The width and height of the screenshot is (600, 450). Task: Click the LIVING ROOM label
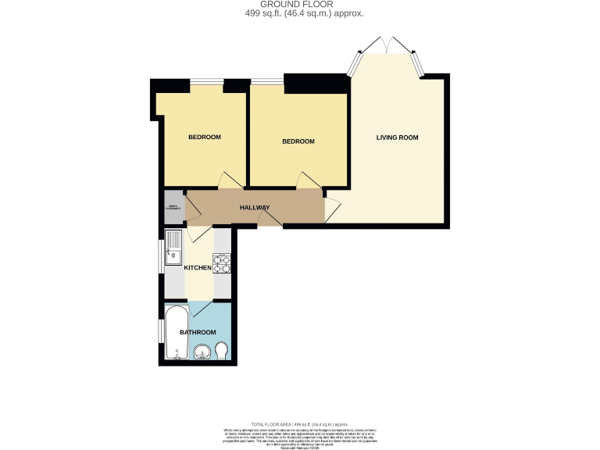click(x=397, y=137)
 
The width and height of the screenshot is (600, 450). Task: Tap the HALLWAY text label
click(x=254, y=208)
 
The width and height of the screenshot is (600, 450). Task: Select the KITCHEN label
click(x=198, y=268)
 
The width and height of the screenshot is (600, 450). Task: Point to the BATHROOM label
click(x=198, y=332)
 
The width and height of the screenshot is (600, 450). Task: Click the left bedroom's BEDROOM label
click(x=205, y=137)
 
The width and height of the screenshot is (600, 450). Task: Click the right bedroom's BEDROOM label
click(x=298, y=141)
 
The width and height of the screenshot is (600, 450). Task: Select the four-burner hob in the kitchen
click(x=222, y=264)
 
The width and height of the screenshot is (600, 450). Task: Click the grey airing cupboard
click(x=173, y=208)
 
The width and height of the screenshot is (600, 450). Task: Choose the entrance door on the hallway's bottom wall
click(x=270, y=220)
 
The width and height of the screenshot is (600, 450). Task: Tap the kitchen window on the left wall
click(x=161, y=255)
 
